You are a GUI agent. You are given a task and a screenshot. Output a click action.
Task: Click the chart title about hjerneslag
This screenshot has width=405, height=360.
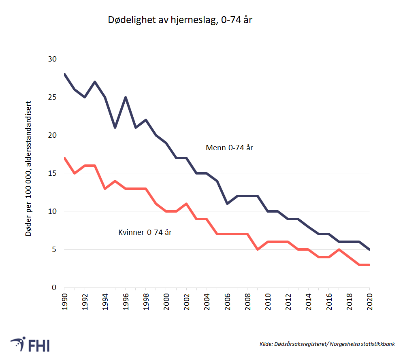click(180, 20)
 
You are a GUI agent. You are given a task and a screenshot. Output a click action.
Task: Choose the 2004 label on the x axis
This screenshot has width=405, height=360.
click(207, 301)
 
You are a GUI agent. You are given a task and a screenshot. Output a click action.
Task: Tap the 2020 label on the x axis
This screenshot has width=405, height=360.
click(370, 301)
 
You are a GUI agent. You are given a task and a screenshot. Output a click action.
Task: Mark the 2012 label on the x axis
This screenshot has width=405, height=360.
click(288, 301)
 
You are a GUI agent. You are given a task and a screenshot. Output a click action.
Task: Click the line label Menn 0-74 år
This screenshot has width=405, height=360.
click(229, 148)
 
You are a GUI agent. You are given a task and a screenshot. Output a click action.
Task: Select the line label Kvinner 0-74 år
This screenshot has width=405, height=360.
click(145, 232)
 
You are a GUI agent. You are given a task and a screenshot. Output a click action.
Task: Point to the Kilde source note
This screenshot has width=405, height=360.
click(327, 344)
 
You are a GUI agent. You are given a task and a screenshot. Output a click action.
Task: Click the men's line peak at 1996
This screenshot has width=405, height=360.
click(126, 97)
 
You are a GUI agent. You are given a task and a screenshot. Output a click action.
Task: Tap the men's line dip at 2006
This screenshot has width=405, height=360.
click(227, 204)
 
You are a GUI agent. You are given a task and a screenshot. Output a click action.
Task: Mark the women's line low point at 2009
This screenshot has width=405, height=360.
click(258, 249)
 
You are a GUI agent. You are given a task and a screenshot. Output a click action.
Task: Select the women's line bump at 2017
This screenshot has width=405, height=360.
click(339, 249)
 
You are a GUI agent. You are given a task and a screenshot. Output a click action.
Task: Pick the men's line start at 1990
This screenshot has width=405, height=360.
click(65, 75)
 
